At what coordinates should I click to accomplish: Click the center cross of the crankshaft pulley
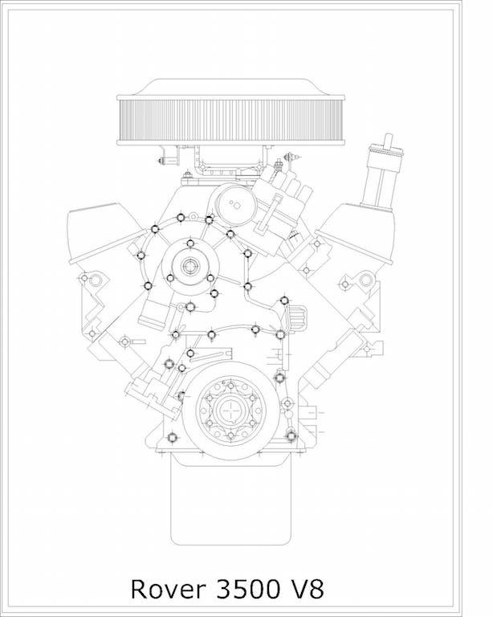pos(231,410)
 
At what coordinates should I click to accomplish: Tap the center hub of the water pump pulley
pos(190,267)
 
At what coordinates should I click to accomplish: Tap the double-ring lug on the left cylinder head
pos(95,280)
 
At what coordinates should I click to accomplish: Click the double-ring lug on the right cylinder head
pos(366,280)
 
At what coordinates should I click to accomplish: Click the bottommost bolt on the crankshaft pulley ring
pos(231,435)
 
